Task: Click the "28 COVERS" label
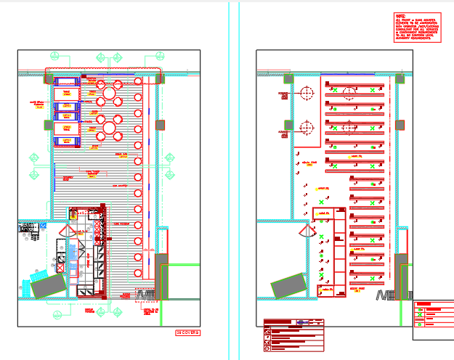[187, 332]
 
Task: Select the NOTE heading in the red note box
[400, 15]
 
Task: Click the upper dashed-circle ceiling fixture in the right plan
[306, 93]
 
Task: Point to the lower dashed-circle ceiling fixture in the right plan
[306, 128]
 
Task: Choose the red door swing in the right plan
[305, 232]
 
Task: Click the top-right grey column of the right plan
[400, 79]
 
